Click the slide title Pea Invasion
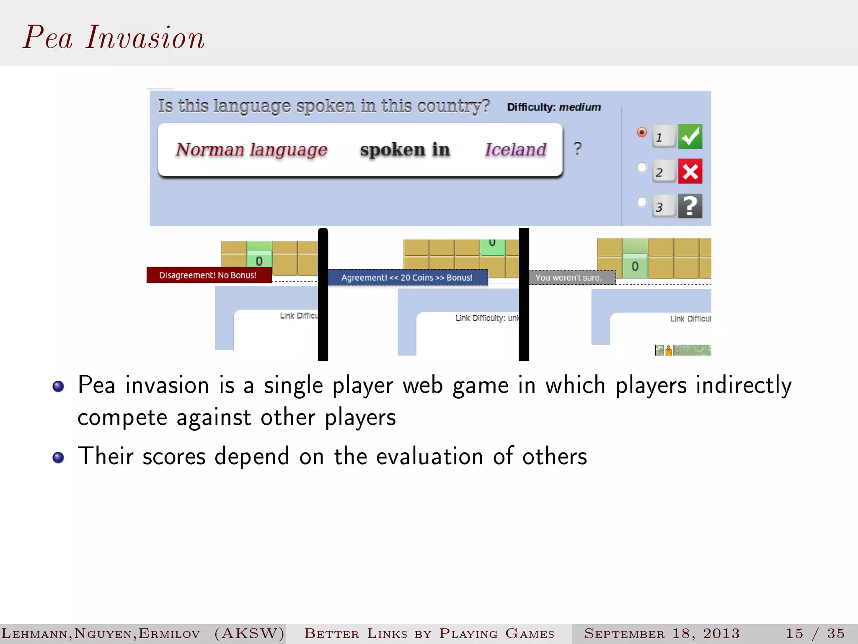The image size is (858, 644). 114,38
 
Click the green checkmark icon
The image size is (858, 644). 690,136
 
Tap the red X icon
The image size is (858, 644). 690,171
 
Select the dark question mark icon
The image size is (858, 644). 690,206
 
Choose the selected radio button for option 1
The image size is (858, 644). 641,132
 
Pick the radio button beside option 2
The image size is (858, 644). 641,167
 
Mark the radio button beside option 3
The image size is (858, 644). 641,202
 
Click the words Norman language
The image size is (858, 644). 251,150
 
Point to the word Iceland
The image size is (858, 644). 515,150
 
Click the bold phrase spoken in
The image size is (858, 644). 405,150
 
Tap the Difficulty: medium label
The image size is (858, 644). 553,107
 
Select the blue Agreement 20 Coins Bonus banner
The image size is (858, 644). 407,278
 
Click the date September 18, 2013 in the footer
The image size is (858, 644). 662,633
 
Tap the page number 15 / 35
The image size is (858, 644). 815,633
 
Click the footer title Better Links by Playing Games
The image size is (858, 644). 429,633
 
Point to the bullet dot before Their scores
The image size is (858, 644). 58,457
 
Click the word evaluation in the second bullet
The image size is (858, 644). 429,456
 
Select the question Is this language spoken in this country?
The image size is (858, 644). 323,106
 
